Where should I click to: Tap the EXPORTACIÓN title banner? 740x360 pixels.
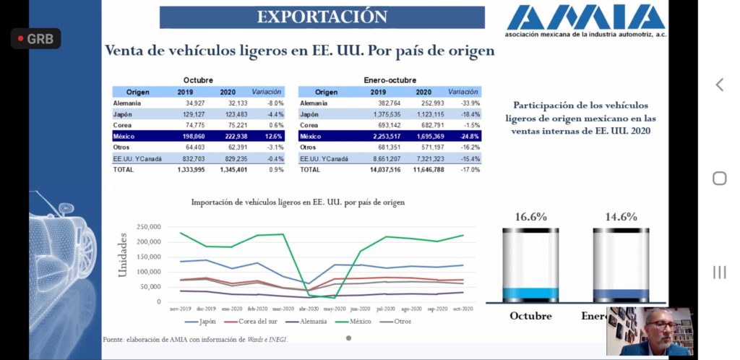pyautogui.click(x=322, y=17)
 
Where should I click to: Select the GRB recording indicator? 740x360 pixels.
pyautogui.click(x=35, y=39)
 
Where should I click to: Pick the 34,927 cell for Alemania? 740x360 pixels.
pyautogui.click(x=190, y=103)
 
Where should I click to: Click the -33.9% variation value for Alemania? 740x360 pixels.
pyautogui.click(x=468, y=103)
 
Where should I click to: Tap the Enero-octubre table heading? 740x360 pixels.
pyautogui.click(x=390, y=80)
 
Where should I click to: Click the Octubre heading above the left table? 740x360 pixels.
pyautogui.click(x=198, y=80)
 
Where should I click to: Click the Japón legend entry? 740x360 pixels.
pyautogui.click(x=206, y=321)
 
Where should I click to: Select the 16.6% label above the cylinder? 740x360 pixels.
pyautogui.click(x=531, y=216)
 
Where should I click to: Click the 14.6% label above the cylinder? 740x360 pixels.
pyautogui.click(x=621, y=216)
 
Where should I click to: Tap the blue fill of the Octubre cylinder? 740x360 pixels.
pyautogui.click(x=531, y=294)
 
